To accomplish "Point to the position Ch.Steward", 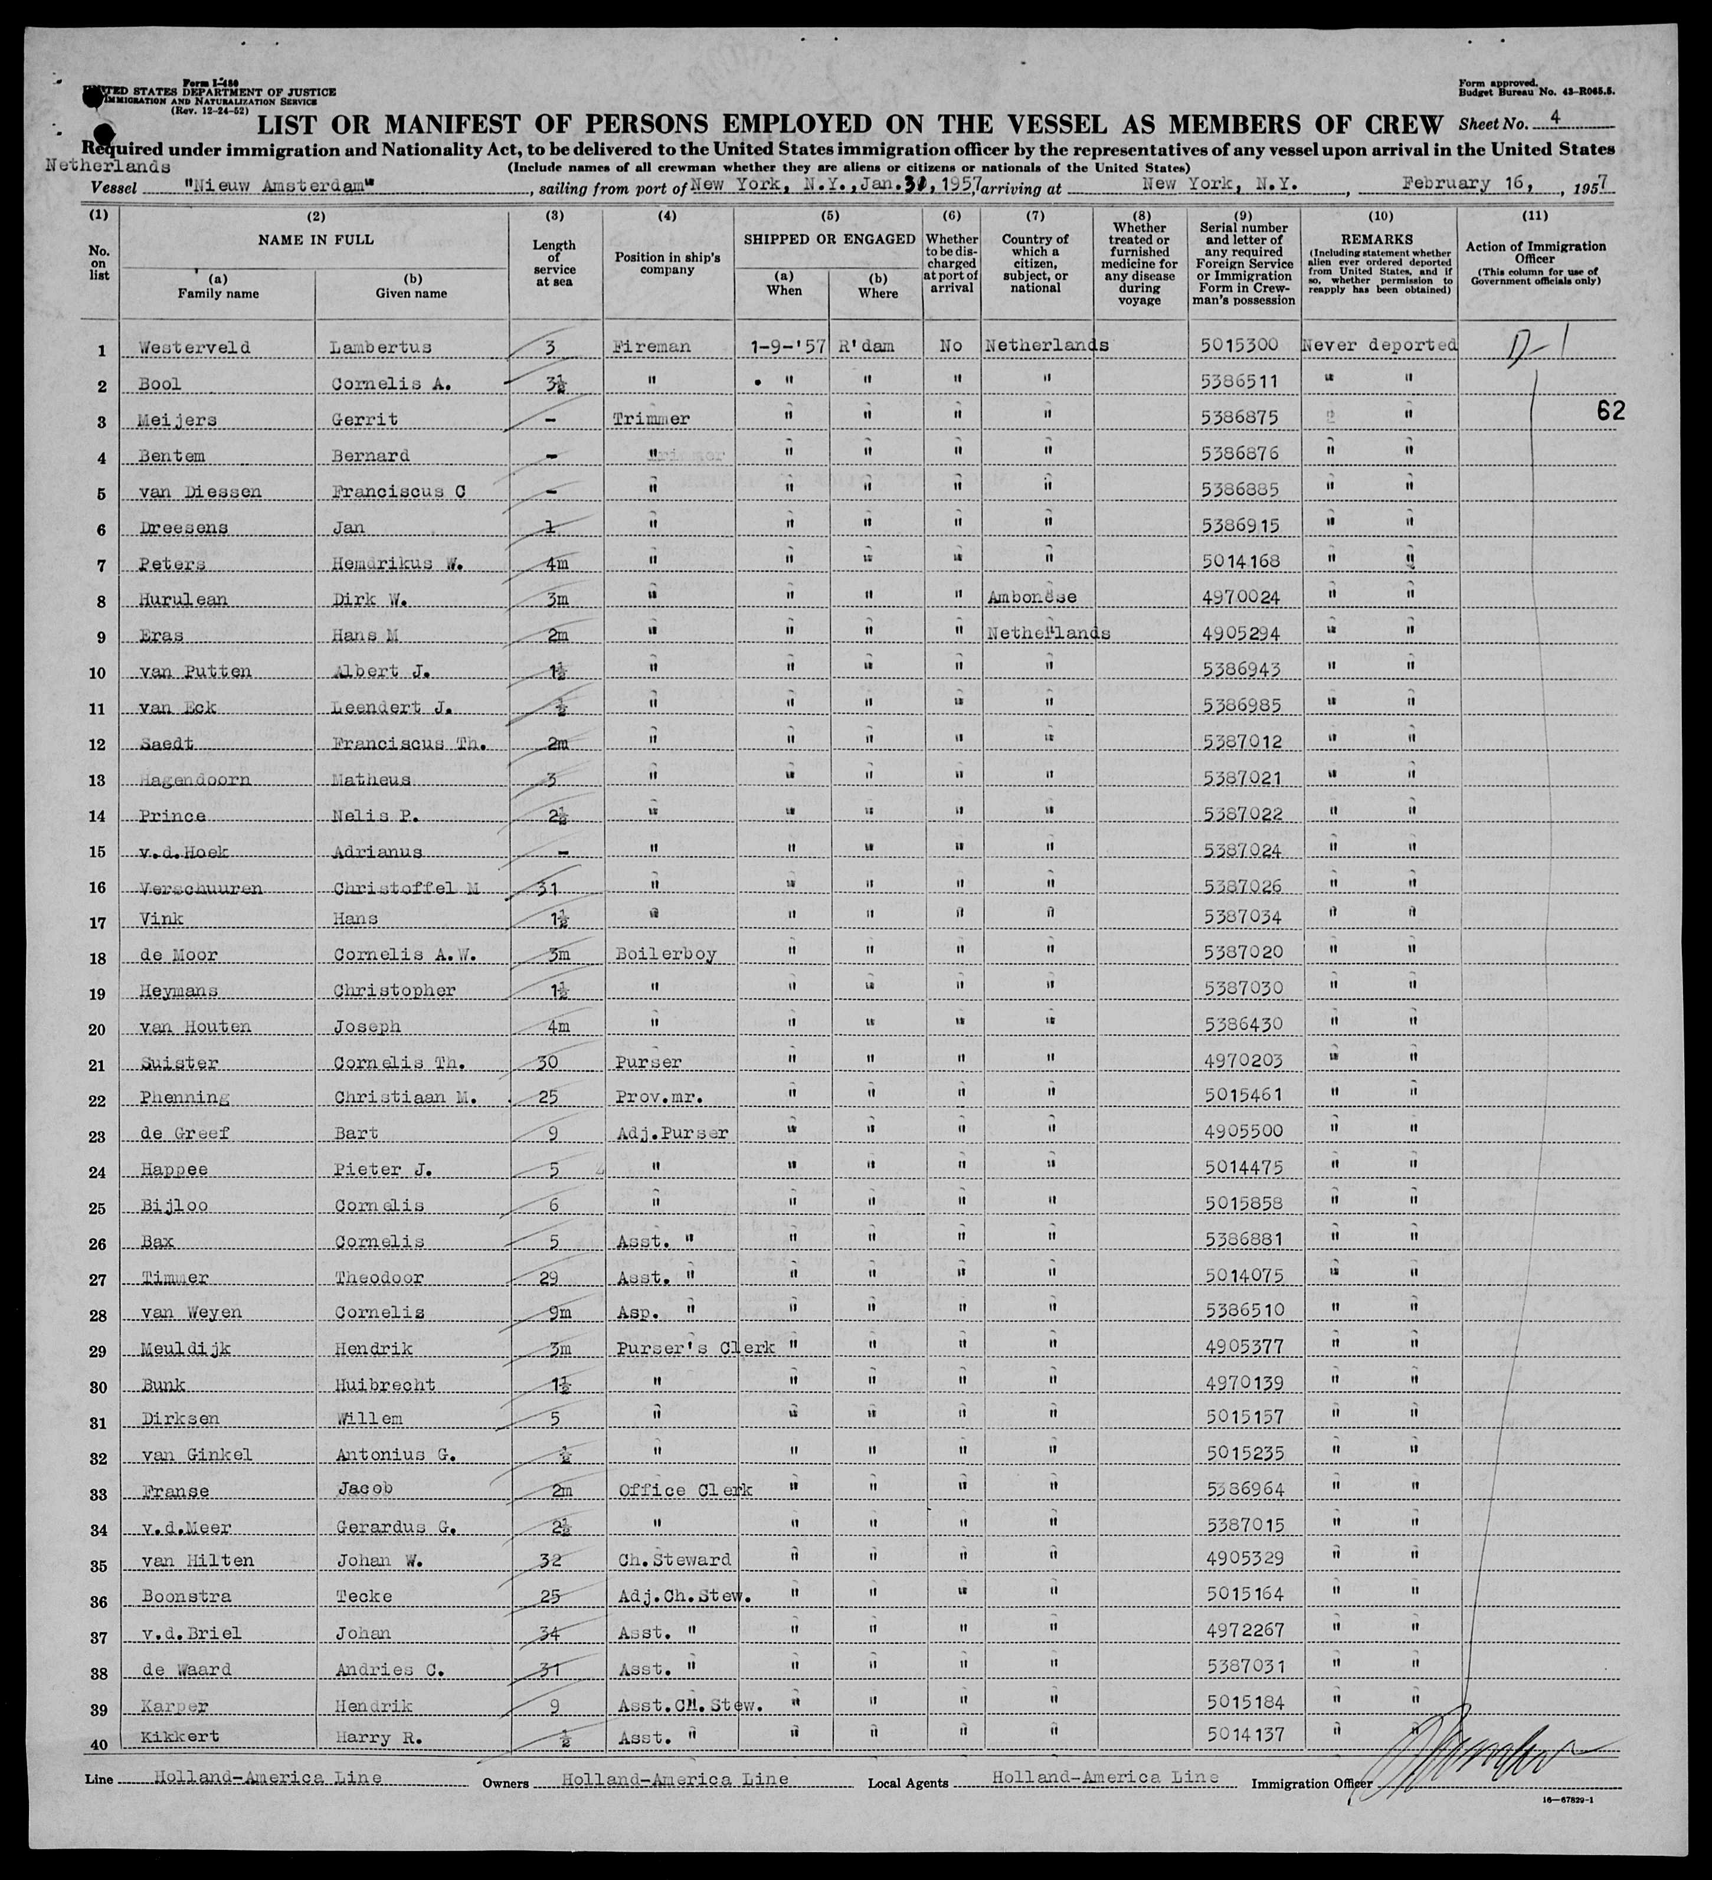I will pos(674,1559).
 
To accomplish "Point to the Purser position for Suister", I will pos(649,1062).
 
